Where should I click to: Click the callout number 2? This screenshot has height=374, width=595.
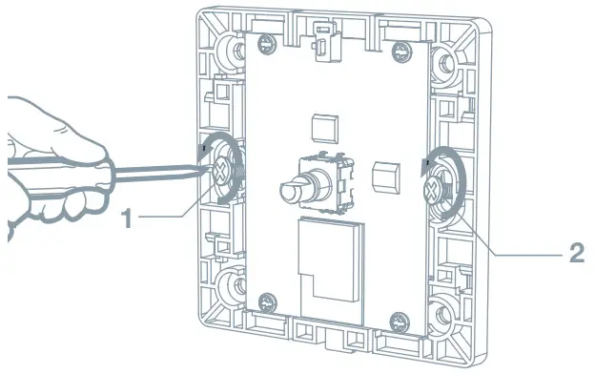pyautogui.click(x=576, y=254)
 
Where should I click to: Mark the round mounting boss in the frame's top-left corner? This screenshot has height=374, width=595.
pyautogui.click(x=229, y=49)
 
